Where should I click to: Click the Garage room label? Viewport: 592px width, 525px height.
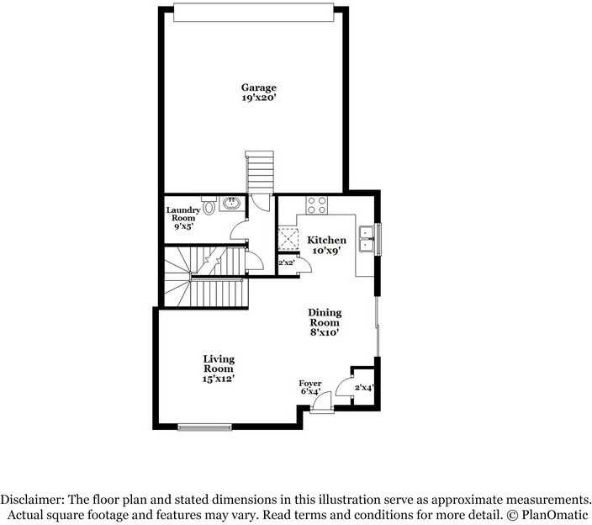(x=259, y=87)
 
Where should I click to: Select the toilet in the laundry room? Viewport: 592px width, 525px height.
(x=209, y=205)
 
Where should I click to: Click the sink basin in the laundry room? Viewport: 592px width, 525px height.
(x=230, y=204)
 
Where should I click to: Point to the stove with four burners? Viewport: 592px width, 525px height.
(x=317, y=205)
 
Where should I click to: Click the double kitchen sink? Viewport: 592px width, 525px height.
(x=367, y=239)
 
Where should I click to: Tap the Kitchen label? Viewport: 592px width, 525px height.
(x=326, y=241)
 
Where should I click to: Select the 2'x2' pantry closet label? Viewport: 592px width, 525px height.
(x=286, y=262)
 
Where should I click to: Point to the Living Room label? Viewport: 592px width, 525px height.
(x=219, y=363)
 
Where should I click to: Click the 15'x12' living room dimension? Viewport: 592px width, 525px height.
(x=219, y=379)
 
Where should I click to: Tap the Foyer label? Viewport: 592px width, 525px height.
(x=310, y=384)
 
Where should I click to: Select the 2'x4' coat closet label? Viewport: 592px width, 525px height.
(x=364, y=387)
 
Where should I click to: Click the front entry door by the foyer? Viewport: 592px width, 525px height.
(x=322, y=402)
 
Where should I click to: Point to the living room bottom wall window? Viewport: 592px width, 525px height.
(x=204, y=427)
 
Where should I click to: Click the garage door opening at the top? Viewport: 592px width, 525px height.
(x=254, y=13)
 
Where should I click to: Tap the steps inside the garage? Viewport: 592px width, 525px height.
(x=259, y=172)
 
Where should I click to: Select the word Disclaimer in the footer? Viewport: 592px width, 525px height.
(x=32, y=500)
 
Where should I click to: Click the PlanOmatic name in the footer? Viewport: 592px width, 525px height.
(x=555, y=515)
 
